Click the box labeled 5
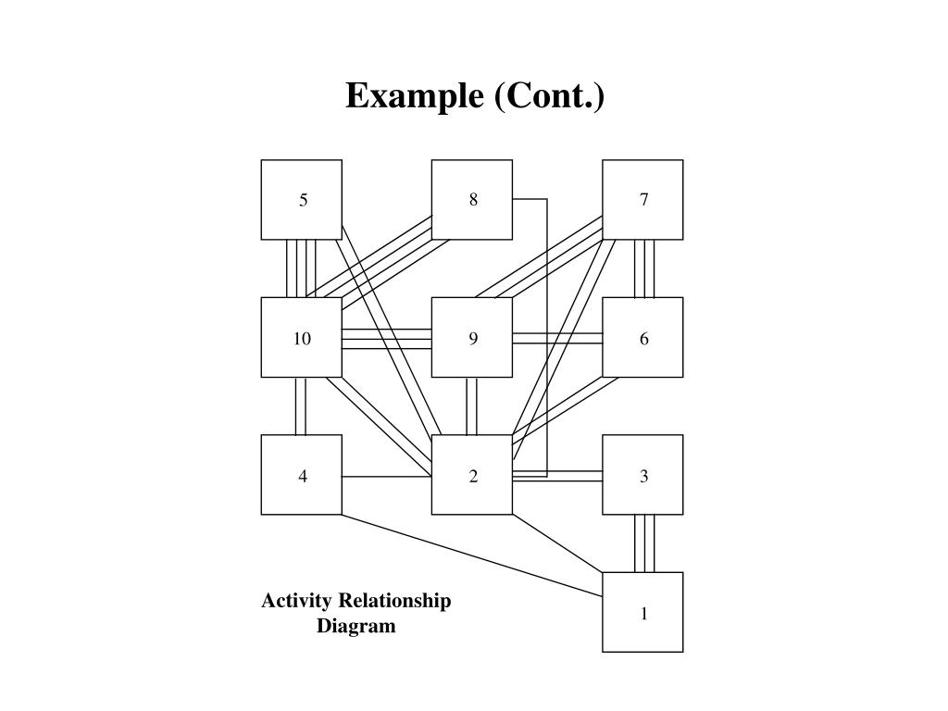(x=302, y=200)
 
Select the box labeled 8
(x=472, y=200)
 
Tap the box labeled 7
(x=643, y=200)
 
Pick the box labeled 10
(x=302, y=338)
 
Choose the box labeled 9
(x=472, y=338)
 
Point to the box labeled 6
(x=643, y=338)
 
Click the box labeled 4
(x=302, y=475)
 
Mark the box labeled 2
(x=472, y=475)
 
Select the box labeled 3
(x=643, y=475)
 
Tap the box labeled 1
(x=643, y=613)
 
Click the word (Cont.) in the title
(x=550, y=96)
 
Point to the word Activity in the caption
(x=296, y=601)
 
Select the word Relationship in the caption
(x=395, y=601)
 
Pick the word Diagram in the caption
(x=356, y=626)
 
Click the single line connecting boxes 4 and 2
(x=387, y=477)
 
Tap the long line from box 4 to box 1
(x=472, y=553)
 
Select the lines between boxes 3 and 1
(x=644, y=543)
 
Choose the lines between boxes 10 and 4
(x=301, y=405)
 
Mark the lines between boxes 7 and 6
(x=644, y=268)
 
